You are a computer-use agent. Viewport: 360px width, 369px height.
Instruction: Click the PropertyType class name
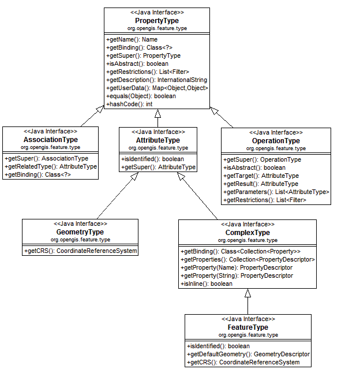(157, 21)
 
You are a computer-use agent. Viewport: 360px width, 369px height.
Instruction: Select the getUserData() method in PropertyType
(157, 88)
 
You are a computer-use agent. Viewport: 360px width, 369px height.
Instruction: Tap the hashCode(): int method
(129, 104)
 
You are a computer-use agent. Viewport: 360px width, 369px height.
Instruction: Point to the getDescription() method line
(156, 80)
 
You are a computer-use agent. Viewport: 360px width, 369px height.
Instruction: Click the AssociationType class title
(51, 140)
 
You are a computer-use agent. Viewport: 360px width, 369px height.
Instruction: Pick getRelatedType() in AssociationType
(51, 167)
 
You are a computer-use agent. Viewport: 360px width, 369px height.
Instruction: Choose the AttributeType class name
(157, 140)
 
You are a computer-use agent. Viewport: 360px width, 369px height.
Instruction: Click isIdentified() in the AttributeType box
(152, 159)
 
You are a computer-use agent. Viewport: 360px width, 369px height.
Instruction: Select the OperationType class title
(276, 141)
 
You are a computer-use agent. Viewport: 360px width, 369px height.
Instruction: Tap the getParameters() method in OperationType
(276, 192)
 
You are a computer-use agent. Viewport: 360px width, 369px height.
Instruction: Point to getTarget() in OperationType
(261, 176)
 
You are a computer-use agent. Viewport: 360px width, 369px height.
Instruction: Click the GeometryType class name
(80, 232)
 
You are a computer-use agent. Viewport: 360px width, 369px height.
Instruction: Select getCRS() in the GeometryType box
(80, 251)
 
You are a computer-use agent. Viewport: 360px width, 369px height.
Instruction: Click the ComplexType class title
(247, 233)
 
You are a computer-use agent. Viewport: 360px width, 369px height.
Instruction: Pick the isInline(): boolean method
(207, 284)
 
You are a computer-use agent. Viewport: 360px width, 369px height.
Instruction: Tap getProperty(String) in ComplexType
(237, 276)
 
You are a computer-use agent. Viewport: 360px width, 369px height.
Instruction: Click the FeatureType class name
(248, 327)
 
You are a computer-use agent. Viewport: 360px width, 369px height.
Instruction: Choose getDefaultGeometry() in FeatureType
(248, 354)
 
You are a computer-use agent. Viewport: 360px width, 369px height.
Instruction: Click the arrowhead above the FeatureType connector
(247, 293)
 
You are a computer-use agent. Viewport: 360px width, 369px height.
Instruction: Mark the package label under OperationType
(276, 148)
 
